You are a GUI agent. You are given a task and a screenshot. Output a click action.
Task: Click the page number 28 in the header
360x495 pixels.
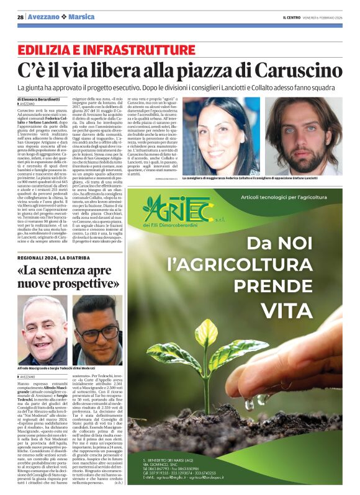point(20,17)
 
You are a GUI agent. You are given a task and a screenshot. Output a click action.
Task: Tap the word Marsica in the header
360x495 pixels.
point(81,17)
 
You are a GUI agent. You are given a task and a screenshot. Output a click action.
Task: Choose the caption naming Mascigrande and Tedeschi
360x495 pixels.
point(68,368)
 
